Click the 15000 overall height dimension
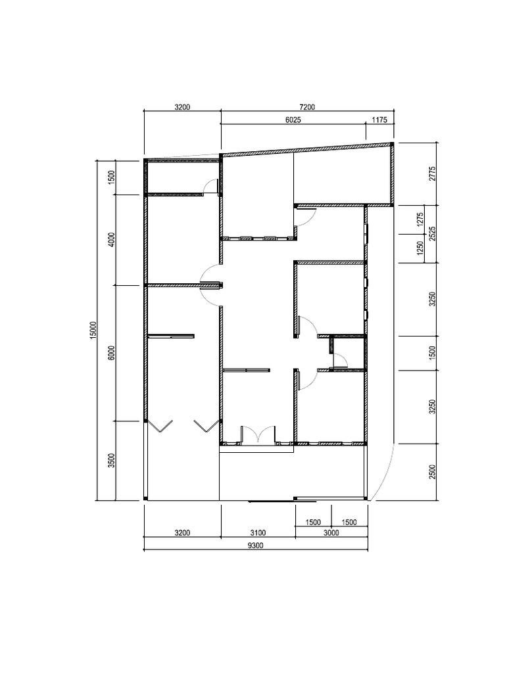(93, 330)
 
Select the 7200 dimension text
(307, 107)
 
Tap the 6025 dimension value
(293, 120)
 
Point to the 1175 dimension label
(379, 120)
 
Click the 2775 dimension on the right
(433, 174)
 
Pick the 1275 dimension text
(420, 220)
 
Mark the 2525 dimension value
(433, 233)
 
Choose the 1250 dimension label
(420, 248)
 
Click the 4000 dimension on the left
(112, 239)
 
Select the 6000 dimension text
(112, 352)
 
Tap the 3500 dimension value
(112, 460)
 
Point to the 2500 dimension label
(433, 471)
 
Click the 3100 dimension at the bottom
(258, 532)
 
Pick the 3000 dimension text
(331, 532)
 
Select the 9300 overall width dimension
(256, 545)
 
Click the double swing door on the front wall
(258, 434)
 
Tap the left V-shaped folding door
(160, 426)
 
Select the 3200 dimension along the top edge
(182, 107)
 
